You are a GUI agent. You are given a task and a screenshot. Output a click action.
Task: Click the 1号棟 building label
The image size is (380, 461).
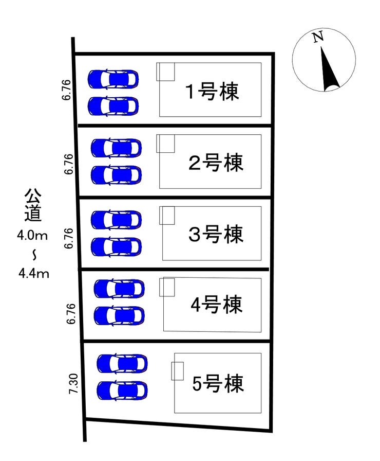coord(212,93)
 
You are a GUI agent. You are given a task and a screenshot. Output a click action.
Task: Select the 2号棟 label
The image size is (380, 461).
coord(216,164)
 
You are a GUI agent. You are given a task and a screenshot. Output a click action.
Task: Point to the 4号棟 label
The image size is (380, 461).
coord(216,306)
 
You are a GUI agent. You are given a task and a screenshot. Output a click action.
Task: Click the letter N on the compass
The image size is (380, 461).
coord(318,37)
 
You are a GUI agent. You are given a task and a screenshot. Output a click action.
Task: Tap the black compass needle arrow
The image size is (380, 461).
coord(328,69)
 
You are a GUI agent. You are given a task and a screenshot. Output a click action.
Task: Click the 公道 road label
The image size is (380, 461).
coord(33,206)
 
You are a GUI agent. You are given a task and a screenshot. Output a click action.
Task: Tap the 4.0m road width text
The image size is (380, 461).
coord(32,236)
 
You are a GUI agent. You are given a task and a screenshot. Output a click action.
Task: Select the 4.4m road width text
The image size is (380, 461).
coord(33,273)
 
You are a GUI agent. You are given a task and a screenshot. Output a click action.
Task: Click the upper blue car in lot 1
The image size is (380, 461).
coord(113,79)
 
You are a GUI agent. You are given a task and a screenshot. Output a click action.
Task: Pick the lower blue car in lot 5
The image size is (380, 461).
coord(122,391)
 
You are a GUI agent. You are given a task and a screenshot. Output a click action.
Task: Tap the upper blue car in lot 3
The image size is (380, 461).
coord(116,220)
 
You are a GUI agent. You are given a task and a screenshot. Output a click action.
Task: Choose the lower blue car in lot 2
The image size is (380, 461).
coord(116,175)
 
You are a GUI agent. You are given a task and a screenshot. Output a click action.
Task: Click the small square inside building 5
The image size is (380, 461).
coord(177,370)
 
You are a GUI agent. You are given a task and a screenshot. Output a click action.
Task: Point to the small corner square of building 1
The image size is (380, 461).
coord(166,72)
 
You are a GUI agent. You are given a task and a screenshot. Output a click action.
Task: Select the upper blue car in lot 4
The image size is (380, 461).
coord(119,288)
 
